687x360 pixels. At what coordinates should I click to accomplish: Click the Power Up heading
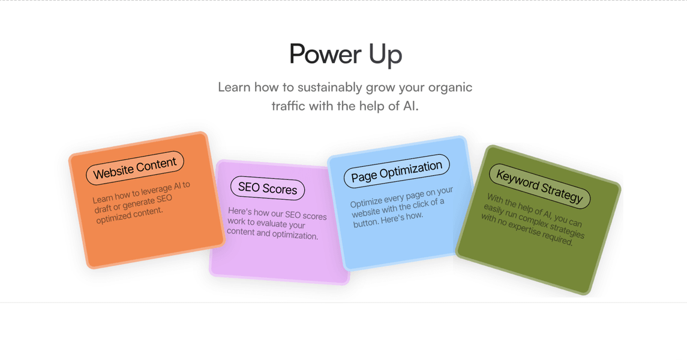tap(345, 55)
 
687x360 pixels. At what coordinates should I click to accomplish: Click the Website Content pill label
tap(135, 168)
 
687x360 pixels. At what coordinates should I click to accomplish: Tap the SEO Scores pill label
tap(267, 188)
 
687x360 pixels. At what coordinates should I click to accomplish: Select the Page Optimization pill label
tap(397, 171)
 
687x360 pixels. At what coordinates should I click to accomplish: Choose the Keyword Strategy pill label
tap(540, 186)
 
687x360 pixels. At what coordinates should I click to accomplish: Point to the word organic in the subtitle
tap(451, 88)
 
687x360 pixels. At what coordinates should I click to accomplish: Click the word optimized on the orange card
tap(113, 217)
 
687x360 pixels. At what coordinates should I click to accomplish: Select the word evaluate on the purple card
tap(269, 223)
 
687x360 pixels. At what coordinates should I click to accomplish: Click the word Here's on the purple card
tap(239, 211)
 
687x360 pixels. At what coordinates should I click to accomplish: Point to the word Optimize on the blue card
tap(366, 202)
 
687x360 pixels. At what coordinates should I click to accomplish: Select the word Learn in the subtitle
tap(234, 87)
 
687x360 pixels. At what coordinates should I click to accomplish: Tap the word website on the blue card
tap(366, 212)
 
